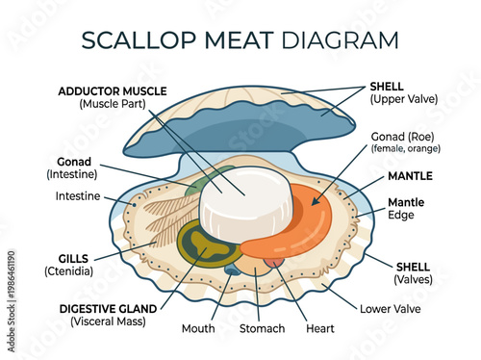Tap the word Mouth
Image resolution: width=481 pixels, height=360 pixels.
click(x=199, y=328)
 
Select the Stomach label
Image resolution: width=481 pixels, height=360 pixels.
click(x=262, y=328)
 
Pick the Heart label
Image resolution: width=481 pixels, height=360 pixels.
click(x=319, y=328)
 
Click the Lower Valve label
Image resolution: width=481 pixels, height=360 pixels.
click(x=389, y=309)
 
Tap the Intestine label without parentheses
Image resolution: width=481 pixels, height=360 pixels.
click(x=78, y=196)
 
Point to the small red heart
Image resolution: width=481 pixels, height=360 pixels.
click(x=273, y=261)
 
